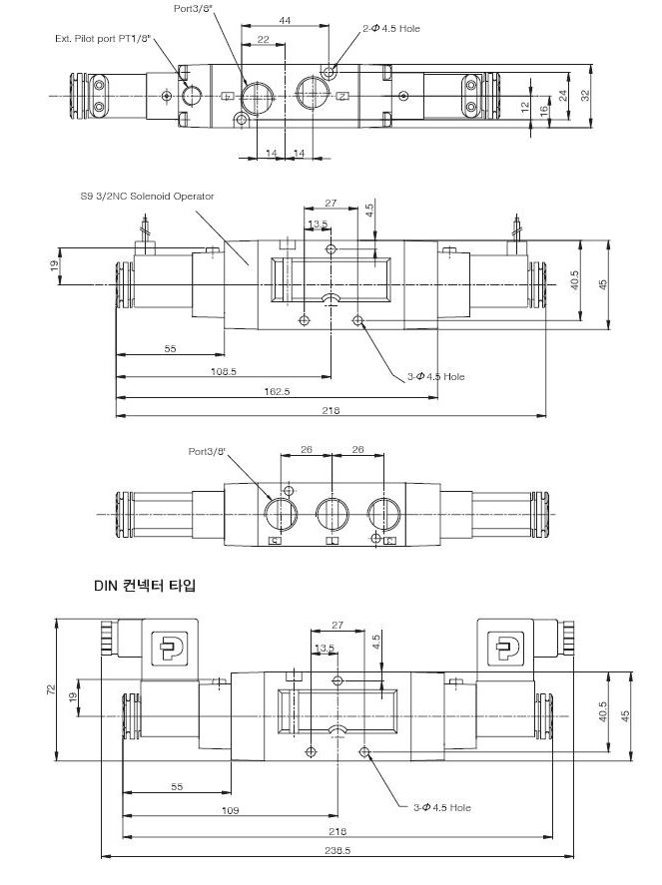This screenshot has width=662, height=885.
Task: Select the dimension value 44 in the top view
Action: [285, 20]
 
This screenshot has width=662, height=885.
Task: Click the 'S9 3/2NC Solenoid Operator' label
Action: [148, 197]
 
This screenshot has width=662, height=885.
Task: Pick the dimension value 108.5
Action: [225, 371]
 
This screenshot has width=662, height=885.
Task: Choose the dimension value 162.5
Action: [278, 392]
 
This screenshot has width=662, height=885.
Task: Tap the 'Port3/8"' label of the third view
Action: [209, 452]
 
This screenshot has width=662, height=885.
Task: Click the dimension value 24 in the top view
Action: [563, 95]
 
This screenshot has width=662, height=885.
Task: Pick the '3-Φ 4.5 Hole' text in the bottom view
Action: [440, 807]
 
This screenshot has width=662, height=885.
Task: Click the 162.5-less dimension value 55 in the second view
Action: [170, 349]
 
